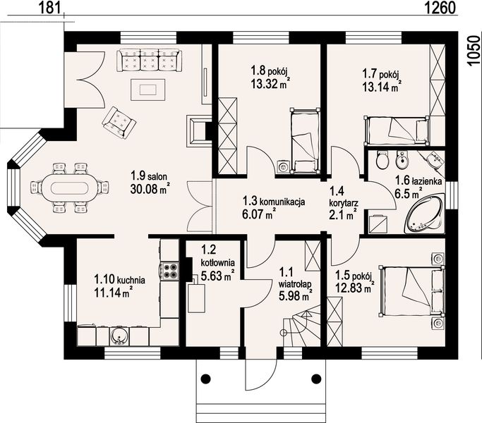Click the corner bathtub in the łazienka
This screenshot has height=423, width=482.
tap(426, 214)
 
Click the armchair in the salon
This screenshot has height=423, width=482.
tap(119, 122)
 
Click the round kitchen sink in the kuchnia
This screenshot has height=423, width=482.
tap(119, 336)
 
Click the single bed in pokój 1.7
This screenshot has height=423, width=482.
tap(396, 130)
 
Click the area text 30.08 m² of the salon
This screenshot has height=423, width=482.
tap(150, 188)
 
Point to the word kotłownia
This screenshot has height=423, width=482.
tap(217, 263)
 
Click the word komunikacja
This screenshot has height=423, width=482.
tap(282, 202)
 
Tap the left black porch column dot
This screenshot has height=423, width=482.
tap(205, 378)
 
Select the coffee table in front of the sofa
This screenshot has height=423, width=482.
tap(148, 90)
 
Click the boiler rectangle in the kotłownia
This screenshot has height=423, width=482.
tap(196, 298)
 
